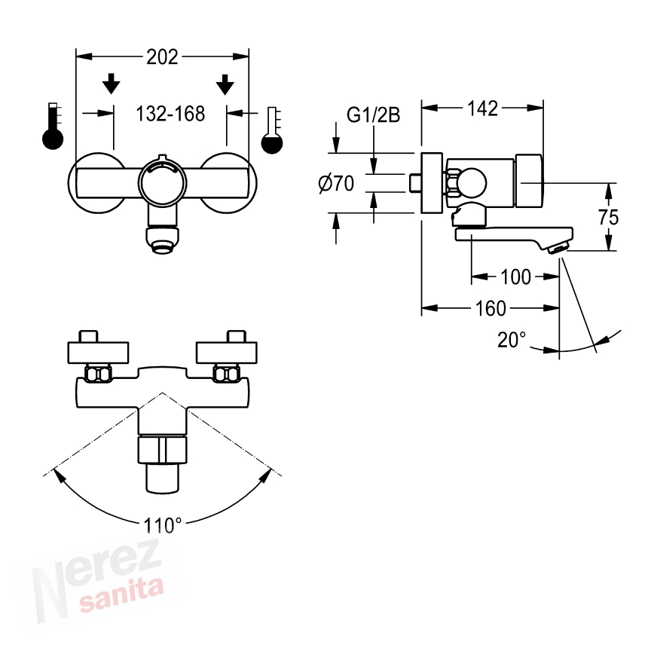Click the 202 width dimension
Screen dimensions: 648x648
click(x=162, y=57)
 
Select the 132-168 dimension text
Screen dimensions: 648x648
click(x=170, y=114)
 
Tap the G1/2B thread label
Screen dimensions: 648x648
click(x=373, y=115)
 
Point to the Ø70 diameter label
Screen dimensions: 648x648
click(x=336, y=184)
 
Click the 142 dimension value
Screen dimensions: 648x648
click(x=482, y=109)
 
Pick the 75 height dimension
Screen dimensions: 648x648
click(x=608, y=217)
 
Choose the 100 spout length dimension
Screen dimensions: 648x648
click(x=515, y=277)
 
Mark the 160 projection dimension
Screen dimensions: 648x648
click(x=491, y=308)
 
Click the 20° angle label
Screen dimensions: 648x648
click(x=512, y=340)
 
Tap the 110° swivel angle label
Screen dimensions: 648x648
click(x=163, y=526)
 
